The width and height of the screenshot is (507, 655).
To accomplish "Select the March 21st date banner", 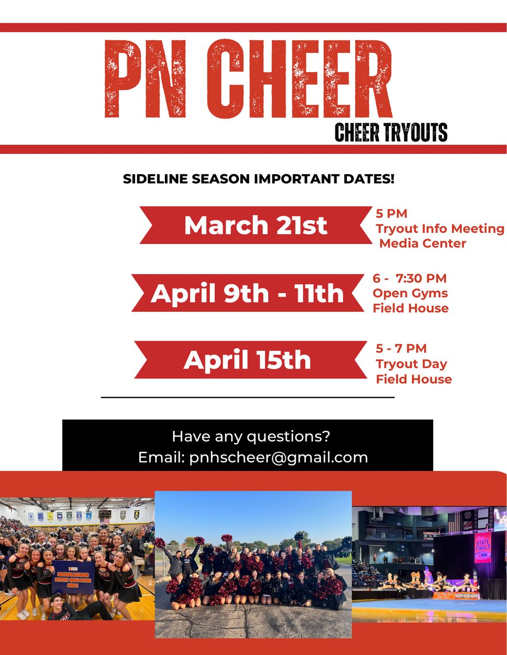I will click(x=256, y=225).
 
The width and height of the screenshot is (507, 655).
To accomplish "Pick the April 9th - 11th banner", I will click(x=247, y=294).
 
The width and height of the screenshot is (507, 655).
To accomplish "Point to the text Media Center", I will click(x=423, y=243).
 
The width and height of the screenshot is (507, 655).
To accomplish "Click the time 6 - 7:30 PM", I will click(x=410, y=278).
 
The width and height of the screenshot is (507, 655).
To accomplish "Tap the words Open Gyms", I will click(x=410, y=293).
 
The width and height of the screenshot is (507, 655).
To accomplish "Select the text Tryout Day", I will click(x=411, y=364).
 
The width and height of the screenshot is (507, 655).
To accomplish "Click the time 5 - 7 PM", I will click(x=401, y=348).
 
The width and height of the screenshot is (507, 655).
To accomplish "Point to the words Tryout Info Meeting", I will click(x=440, y=228).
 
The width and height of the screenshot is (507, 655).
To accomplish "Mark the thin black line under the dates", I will click(x=247, y=398).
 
